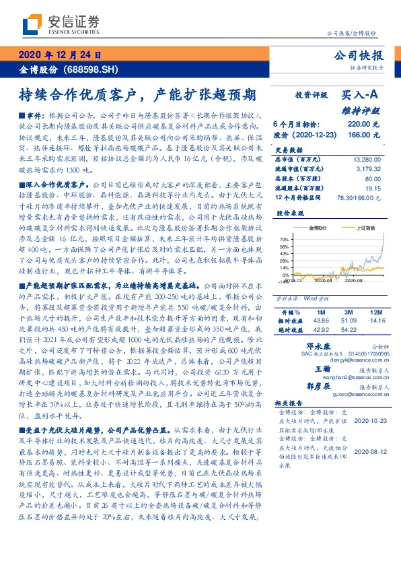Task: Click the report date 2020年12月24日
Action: (60, 55)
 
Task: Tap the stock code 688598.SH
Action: (94, 69)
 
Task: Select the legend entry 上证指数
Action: (364, 229)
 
